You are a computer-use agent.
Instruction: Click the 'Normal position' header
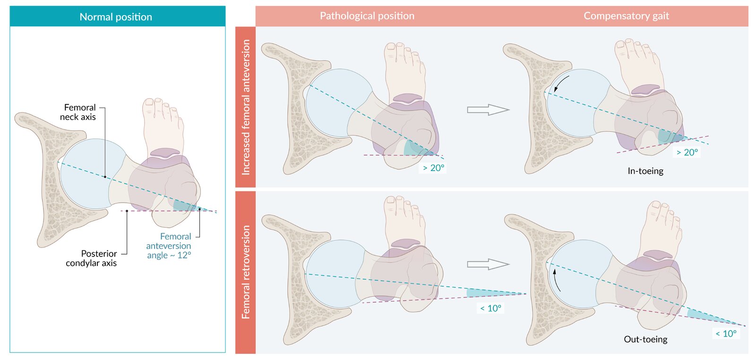click(116, 17)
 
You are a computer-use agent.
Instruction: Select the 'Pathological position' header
click(367, 16)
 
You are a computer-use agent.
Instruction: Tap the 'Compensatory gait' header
click(626, 16)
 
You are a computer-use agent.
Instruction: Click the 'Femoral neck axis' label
click(79, 112)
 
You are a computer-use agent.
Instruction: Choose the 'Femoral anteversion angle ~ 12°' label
click(169, 246)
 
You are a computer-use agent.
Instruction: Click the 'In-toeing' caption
click(645, 171)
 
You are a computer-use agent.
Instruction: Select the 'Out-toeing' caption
click(645, 339)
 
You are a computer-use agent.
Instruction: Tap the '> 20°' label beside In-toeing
click(687, 153)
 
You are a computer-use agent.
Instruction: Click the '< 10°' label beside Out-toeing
click(726, 334)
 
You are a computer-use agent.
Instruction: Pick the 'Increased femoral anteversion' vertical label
click(246, 107)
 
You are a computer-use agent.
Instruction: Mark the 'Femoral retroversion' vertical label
click(246, 272)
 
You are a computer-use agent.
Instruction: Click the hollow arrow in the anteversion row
click(488, 110)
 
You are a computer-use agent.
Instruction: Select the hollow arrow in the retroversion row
click(488, 264)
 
